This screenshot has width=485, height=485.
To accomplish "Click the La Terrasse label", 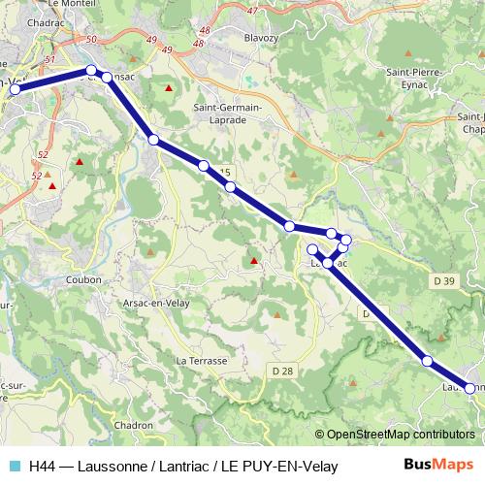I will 202,360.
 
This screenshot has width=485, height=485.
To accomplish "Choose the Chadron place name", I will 134,425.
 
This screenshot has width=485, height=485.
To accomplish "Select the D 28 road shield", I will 282,371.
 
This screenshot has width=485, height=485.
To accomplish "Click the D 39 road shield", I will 444,281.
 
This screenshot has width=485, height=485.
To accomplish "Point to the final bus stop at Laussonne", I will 470,388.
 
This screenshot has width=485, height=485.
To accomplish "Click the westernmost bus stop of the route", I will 15,89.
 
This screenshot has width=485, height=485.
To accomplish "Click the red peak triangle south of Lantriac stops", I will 254,260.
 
